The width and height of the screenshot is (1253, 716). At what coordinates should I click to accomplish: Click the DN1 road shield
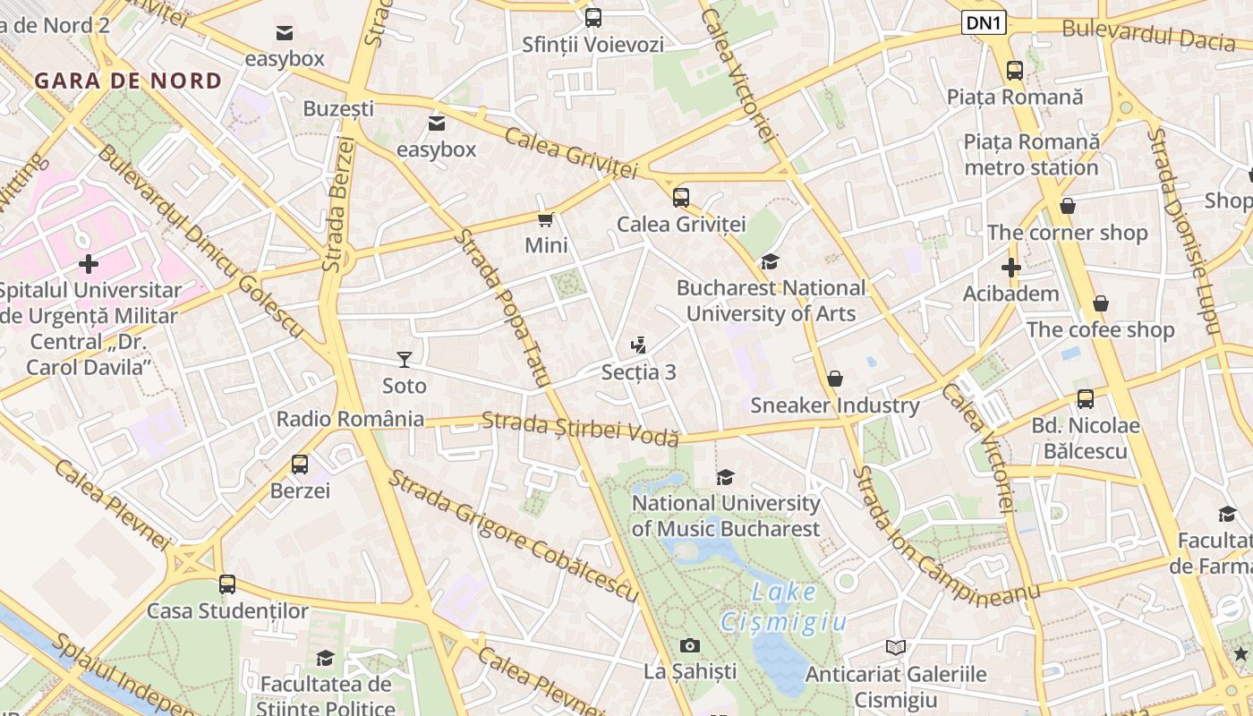(x=984, y=23)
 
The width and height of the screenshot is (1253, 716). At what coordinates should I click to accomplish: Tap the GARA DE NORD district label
(x=128, y=81)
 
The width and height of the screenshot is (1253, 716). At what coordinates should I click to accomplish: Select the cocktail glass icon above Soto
(x=405, y=360)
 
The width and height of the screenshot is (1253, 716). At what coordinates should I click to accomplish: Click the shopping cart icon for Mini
(x=545, y=219)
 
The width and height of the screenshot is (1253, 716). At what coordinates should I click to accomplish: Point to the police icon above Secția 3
(x=638, y=345)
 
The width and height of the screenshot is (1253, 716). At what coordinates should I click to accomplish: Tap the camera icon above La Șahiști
(x=689, y=645)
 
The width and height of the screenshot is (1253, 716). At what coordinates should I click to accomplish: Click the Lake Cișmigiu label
(x=784, y=606)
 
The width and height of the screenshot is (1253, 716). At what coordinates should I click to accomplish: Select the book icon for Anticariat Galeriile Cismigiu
(x=895, y=647)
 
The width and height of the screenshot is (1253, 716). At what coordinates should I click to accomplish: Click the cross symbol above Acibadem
(x=1010, y=267)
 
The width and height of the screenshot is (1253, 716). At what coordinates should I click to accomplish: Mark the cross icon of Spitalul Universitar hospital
(x=89, y=264)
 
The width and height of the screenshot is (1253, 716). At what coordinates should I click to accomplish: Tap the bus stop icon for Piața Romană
(x=1014, y=71)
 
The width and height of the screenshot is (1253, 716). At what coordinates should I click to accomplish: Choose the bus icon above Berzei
(x=300, y=465)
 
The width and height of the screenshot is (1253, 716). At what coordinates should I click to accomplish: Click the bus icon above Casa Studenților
(x=227, y=584)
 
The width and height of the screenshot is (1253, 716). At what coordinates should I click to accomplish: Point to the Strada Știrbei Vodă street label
(x=580, y=428)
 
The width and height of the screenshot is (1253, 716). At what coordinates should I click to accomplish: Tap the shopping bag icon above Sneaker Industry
(x=834, y=379)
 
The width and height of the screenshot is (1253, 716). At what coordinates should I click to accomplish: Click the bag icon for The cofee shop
(x=1100, y=303)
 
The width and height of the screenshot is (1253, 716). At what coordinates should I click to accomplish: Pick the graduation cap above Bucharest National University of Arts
(x=770, y=261)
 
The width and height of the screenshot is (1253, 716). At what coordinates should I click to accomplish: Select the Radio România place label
(x=350, y=419)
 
